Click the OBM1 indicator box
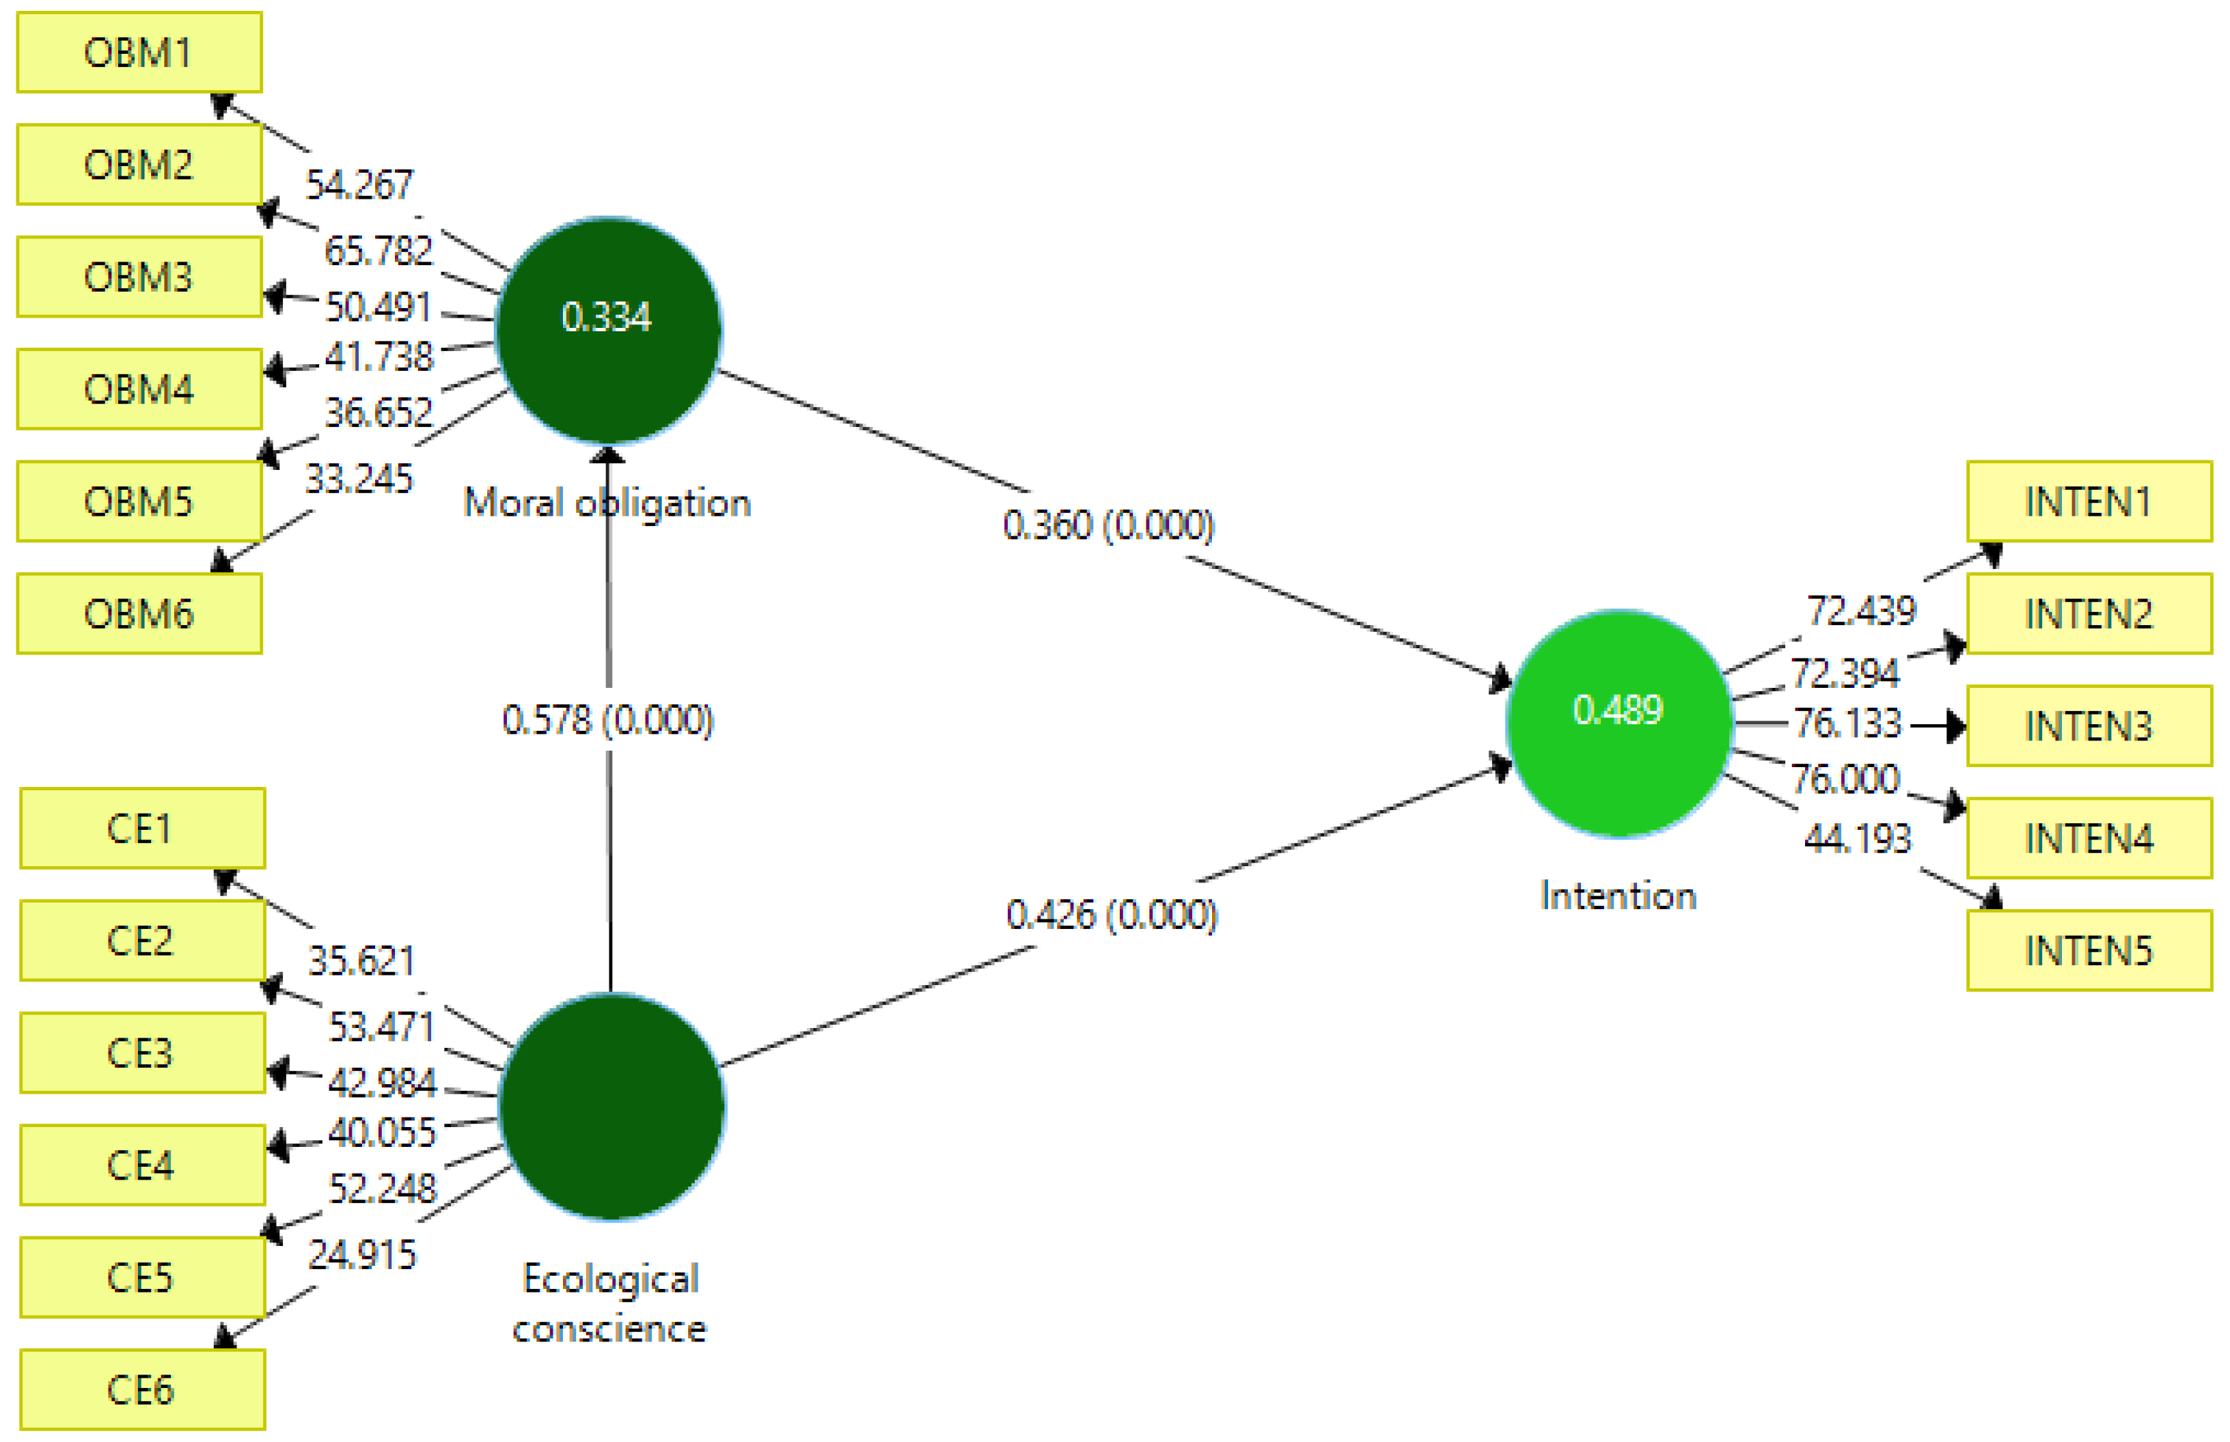[139, 53]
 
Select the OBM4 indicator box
[139, 389]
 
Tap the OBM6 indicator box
[139, 614]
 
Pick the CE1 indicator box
[141, 829]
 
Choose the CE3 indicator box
[141, 1053]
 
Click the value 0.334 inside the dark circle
[606, 318]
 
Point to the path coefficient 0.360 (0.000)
[1108, 525]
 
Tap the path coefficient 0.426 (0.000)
[1112, 915]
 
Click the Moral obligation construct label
[607, 503]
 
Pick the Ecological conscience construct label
[609, 1304]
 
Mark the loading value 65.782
[378, 251]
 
